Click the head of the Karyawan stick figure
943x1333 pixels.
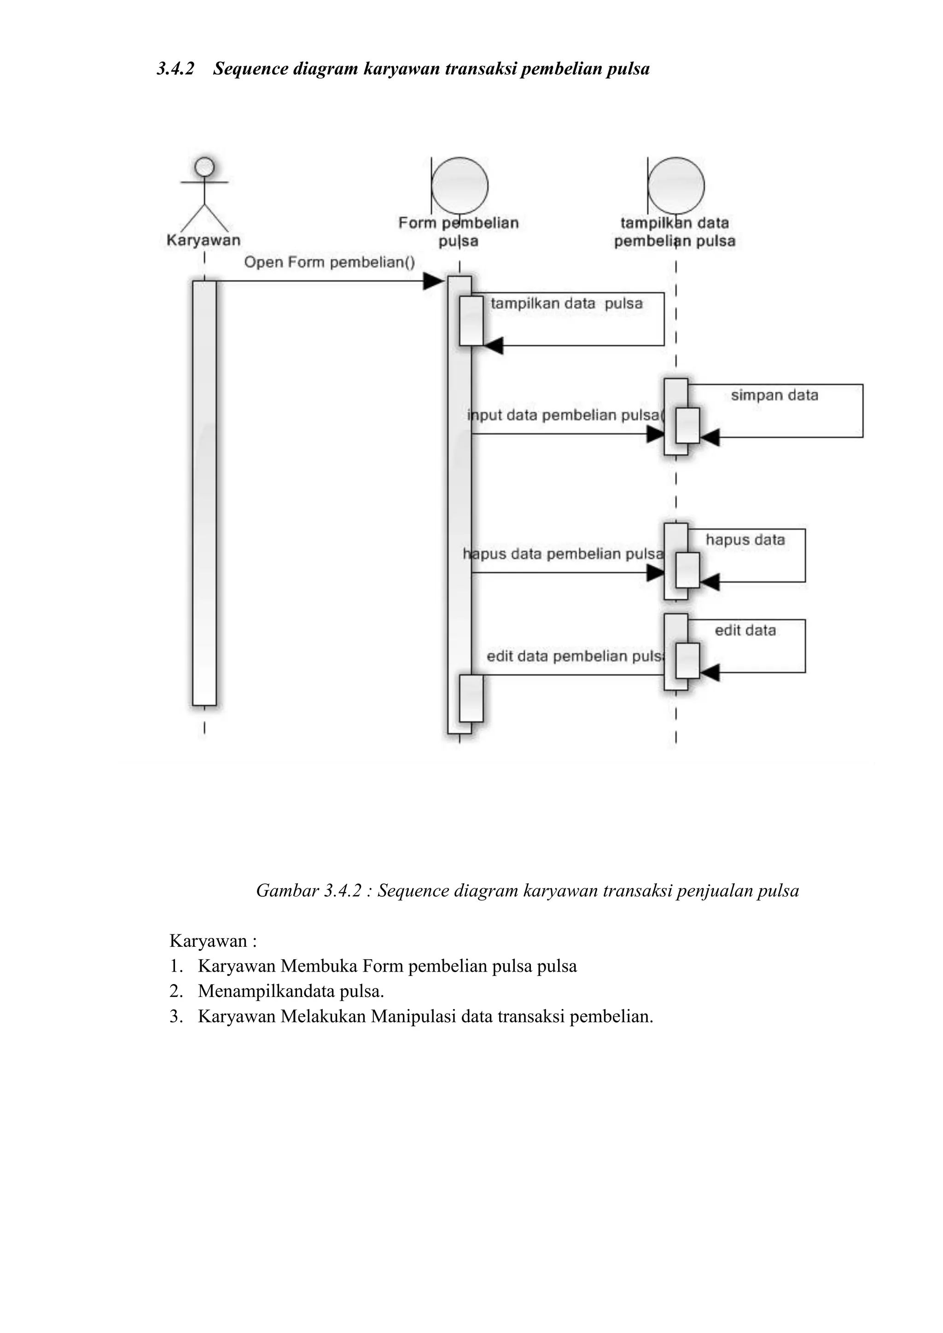tap(204, 167)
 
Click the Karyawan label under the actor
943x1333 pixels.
tap(203, 240)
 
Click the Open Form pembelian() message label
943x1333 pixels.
tap(329, 262)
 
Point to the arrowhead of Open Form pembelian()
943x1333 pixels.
tap(433, 282)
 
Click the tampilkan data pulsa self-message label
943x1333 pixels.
tap(567, 304)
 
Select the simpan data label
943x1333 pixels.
tap(774, 395)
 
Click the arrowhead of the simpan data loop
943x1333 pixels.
tap(710, 437)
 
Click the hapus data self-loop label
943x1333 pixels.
tap(745, 540)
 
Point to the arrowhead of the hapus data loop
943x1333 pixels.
tap(710, 582)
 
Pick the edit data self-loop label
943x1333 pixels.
tap(745, 631)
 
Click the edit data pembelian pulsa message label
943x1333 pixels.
tap(575, 657)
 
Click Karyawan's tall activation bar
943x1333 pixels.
tap(204, 493)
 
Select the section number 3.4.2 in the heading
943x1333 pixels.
tap(175, 69)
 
